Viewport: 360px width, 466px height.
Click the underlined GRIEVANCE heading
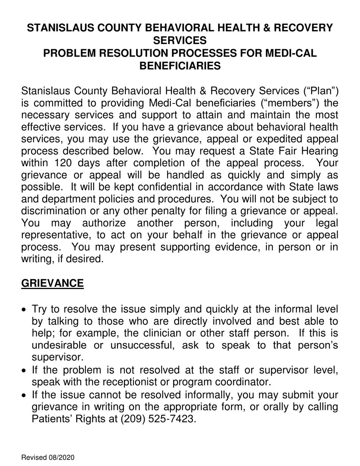[52, 283]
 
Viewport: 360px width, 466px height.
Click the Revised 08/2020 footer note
[48, 458]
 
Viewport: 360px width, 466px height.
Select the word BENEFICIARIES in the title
[180, 66]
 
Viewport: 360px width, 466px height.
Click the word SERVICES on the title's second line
[180, 40]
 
